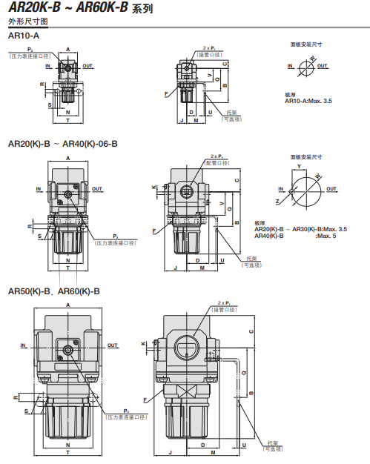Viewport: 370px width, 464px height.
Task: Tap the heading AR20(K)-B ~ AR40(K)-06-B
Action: [x=62, y=143]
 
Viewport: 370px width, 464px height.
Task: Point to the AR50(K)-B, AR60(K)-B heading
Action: [x=53, y=292]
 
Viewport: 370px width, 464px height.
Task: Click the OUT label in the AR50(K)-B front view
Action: [x=113, y=345]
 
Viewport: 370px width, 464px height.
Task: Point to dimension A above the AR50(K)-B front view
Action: [x=67, y=305]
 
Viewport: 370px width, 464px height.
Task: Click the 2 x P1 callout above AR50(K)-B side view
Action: [x=228, y=303]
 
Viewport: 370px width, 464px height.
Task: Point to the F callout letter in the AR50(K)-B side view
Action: [x=146, y=400]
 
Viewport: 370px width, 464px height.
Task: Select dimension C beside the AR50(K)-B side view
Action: [x=251, y=331]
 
